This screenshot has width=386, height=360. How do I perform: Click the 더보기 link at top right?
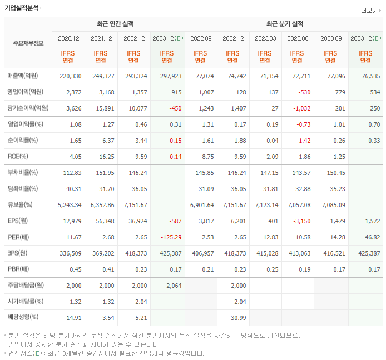(369, 11)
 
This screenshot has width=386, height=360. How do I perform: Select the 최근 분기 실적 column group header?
(285, 24)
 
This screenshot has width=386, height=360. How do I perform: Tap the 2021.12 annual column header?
(101, 38)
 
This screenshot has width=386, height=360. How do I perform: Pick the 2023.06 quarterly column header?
(298, 38)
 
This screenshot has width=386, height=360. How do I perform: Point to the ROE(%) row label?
(18, 156)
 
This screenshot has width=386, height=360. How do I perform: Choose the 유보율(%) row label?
(20, 204)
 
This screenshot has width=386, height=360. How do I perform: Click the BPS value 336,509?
(70, 253)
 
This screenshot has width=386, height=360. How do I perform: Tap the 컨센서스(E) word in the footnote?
(27, 353)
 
